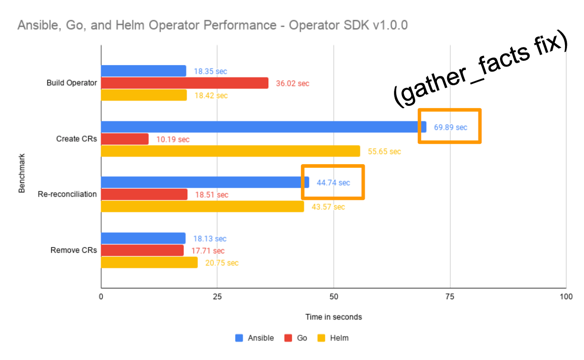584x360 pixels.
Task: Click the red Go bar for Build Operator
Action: pos(184,83)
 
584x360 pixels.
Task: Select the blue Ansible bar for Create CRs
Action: pos(263,127)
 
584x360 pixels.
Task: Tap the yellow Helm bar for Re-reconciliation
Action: pos(202,206)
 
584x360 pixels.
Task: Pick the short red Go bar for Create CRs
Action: pos(125,139)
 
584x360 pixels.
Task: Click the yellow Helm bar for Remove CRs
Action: pos(149,262)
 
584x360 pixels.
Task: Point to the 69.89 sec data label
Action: pos(450,127)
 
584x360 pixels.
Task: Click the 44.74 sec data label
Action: pos(333,183)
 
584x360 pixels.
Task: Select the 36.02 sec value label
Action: pos(292,84)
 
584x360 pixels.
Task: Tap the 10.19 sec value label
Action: pos(173,139)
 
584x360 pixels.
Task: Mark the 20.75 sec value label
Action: pos(222,263)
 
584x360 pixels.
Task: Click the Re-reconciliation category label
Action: pos(67,194)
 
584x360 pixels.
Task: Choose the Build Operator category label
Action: pos(72,83)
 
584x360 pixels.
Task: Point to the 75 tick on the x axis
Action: pos(450,297)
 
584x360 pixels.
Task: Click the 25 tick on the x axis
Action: pos(217,297)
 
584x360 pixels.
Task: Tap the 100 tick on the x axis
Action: pos(566,297)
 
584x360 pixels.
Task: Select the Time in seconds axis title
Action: pos(333,317)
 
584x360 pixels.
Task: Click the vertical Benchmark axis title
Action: pos(22,173)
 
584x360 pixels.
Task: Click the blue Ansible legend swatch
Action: pos(239,338)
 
